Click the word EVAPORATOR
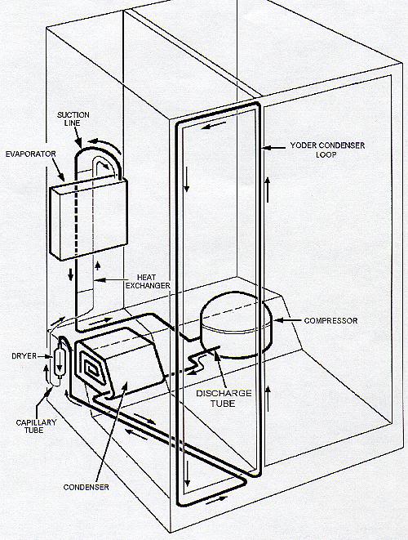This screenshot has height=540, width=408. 31,154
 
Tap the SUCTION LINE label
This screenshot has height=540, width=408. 73,118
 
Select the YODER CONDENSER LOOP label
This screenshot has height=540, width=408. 327,150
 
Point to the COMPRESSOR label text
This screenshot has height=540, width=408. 330,320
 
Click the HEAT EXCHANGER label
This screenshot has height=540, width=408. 149,281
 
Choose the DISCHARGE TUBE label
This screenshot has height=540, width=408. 224,398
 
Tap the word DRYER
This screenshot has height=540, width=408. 24,356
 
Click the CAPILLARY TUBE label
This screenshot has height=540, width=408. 36,426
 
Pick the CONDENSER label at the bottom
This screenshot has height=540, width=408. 86,487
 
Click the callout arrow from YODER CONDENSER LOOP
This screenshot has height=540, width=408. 273,148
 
